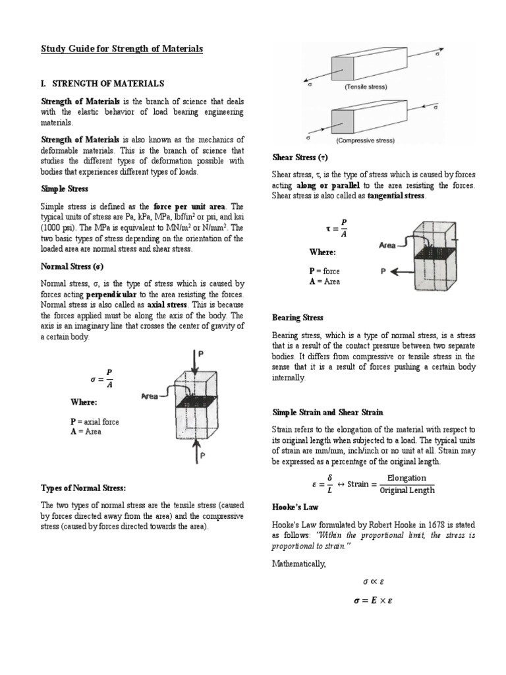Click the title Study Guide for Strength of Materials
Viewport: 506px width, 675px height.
[x=122, y=49]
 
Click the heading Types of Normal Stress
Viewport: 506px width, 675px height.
[x=83, y=488]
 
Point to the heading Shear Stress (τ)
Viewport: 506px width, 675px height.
[x=300, y=158]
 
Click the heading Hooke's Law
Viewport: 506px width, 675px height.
[x=296, y=507]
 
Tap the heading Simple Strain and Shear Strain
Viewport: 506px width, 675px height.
[x=327, y=412]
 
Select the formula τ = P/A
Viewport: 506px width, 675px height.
[x=336, y=228]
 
